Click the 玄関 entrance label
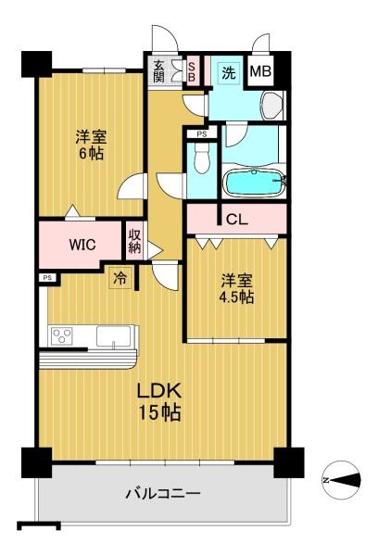(x=159, y=71)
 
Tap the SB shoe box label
(x=192, y=72)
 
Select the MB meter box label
(x=260, y=71)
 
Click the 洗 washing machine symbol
(x=229, y=73)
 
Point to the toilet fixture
(x=202, y=158)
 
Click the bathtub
(x=254, y=182)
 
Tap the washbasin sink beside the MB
(x=272, y=105)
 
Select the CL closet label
(x=236, y=220)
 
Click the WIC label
(x=82, y=245)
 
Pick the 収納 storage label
(x=134, y=241)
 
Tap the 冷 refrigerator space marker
(x=120, y=278)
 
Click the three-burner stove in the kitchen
(x=62, y=335)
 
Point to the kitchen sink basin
(x=113, y=335)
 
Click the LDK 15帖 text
(x=159, y=401)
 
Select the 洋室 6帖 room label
(x=91, y=145)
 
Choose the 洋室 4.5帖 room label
(x=236, y=288)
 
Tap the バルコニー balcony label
(x=163, y=493)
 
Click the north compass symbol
(x=341, y=480)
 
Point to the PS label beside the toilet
(x=202, y=134)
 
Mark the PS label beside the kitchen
(x=47, y=278)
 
